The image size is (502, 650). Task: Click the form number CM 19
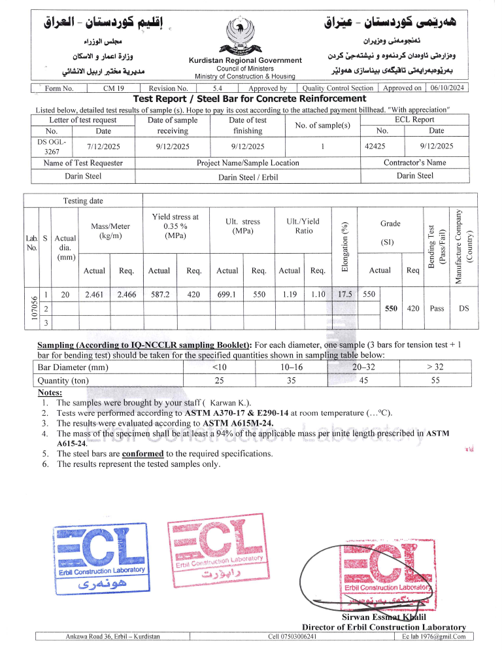[x=109, y=88]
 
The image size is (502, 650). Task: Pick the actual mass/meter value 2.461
[x=95, y=295]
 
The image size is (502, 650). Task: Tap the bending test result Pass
[x=437, y=308]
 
